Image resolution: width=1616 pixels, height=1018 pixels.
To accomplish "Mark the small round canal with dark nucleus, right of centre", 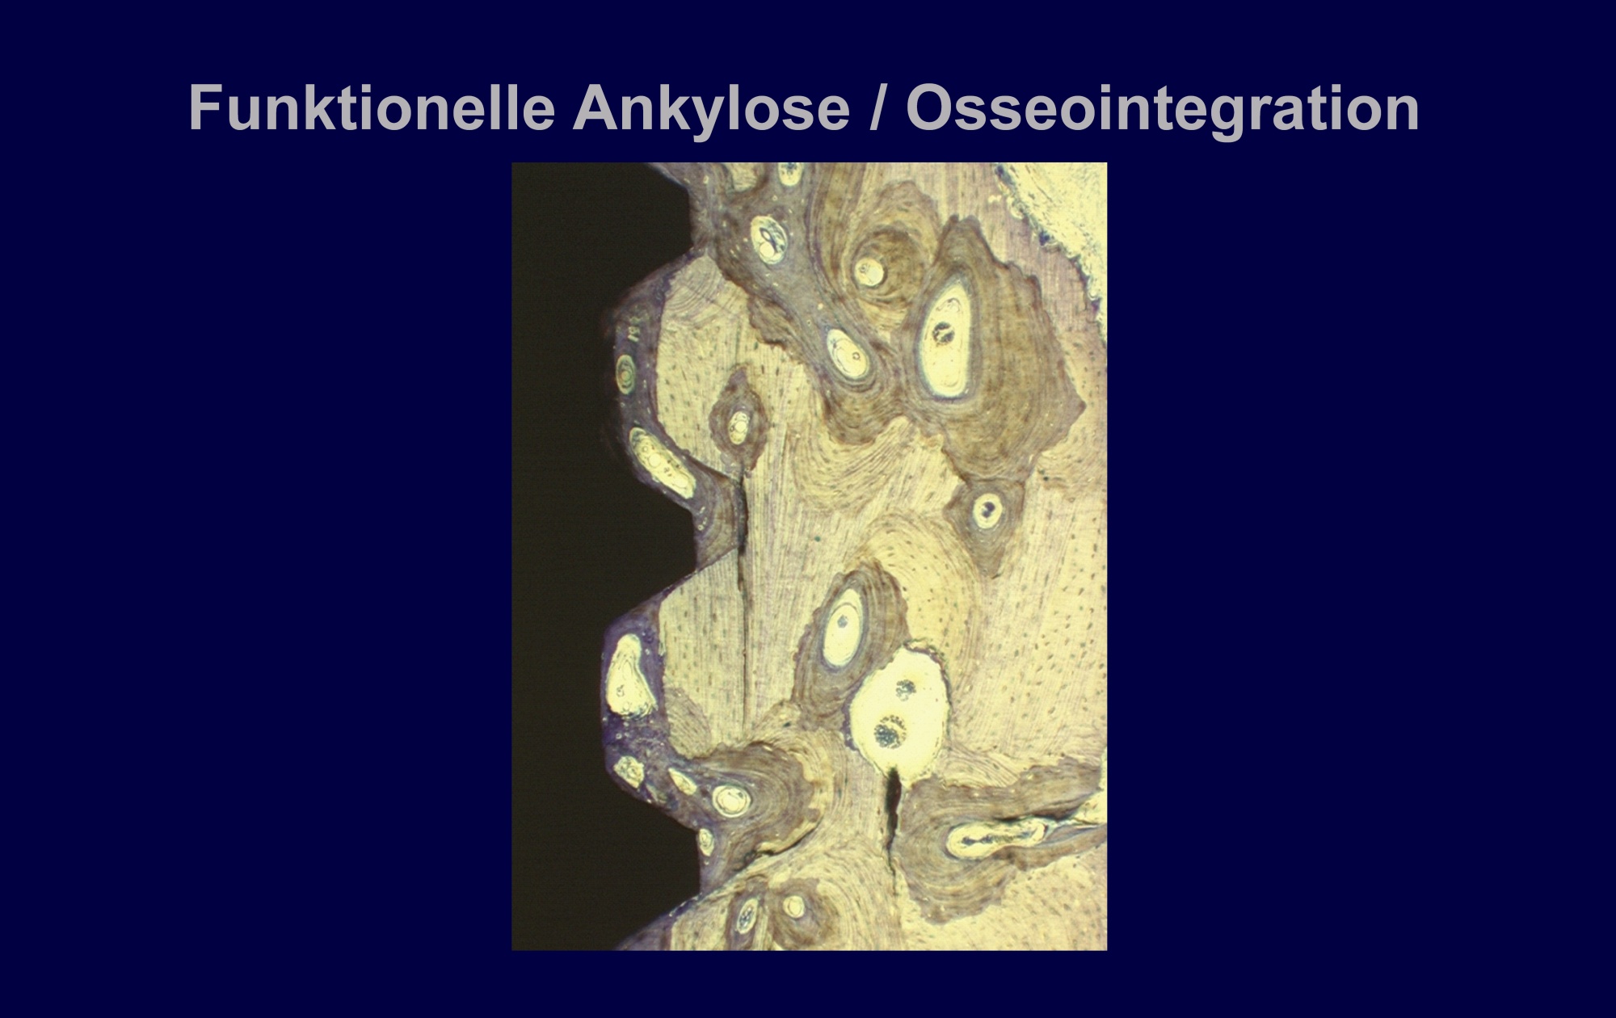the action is coord(987,508).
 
